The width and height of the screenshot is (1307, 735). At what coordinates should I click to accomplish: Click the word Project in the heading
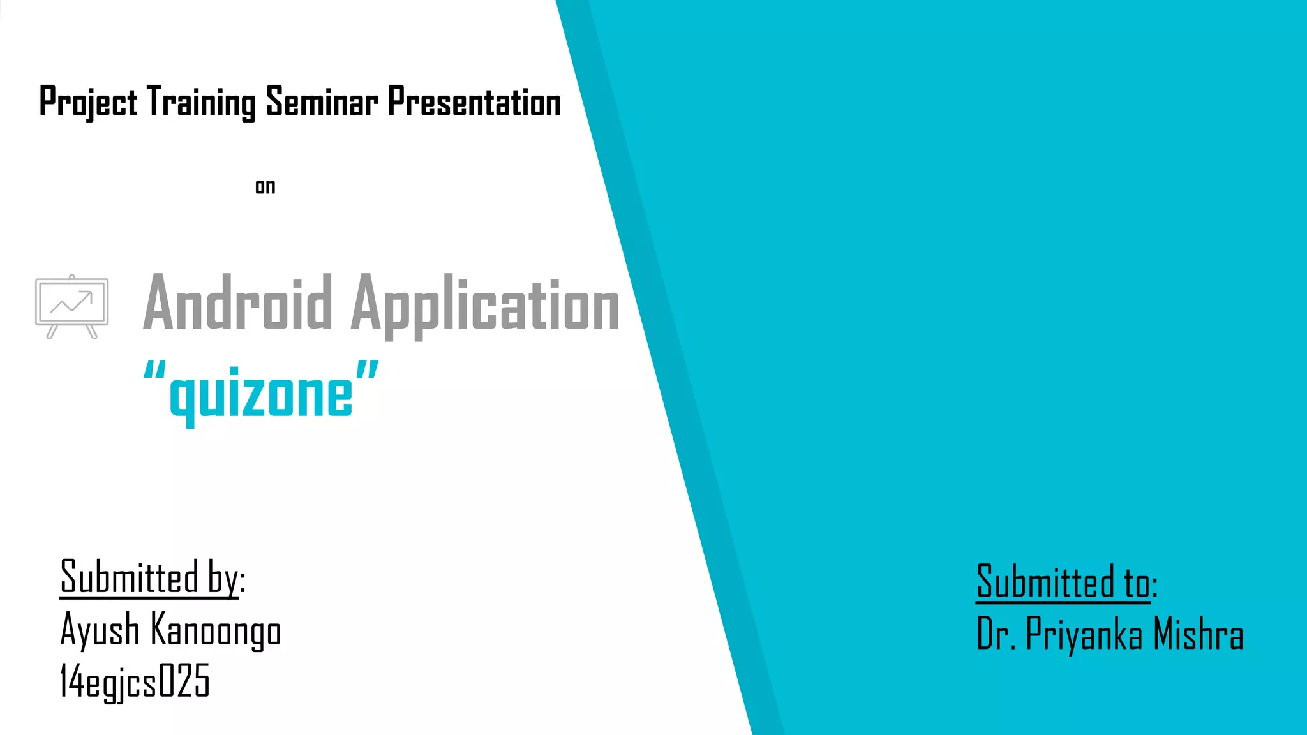(88, 102)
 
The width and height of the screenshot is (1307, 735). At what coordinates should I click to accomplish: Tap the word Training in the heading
(201, 102)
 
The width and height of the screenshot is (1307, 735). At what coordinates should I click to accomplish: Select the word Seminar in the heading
(322, 102)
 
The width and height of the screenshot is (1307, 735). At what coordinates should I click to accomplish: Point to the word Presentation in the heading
(474, 102)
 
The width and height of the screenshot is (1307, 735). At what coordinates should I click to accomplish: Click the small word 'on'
(265, 187)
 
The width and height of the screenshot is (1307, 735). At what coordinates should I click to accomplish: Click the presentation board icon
(71, 306)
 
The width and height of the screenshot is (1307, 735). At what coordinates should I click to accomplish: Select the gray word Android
(237, 303)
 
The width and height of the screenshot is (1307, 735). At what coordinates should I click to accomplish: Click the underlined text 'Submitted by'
(149, 577)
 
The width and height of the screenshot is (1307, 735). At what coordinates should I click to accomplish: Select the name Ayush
(100, 630)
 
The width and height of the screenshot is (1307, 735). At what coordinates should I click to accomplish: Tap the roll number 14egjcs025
(135, 681)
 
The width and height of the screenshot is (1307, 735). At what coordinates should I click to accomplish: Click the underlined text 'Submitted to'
(1063, 582)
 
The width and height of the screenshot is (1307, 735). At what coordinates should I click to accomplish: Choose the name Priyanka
(1084, 634)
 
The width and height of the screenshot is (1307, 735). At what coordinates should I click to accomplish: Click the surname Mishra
(1199, 634)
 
